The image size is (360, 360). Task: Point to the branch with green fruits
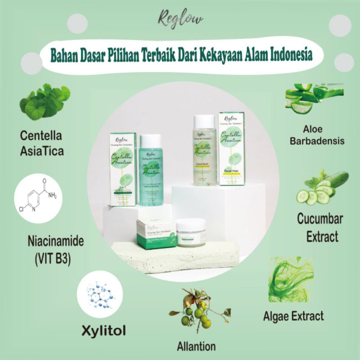coord(198,310)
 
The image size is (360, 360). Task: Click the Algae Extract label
coord(293,315)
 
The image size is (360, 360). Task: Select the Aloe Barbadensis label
coord(317,135)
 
